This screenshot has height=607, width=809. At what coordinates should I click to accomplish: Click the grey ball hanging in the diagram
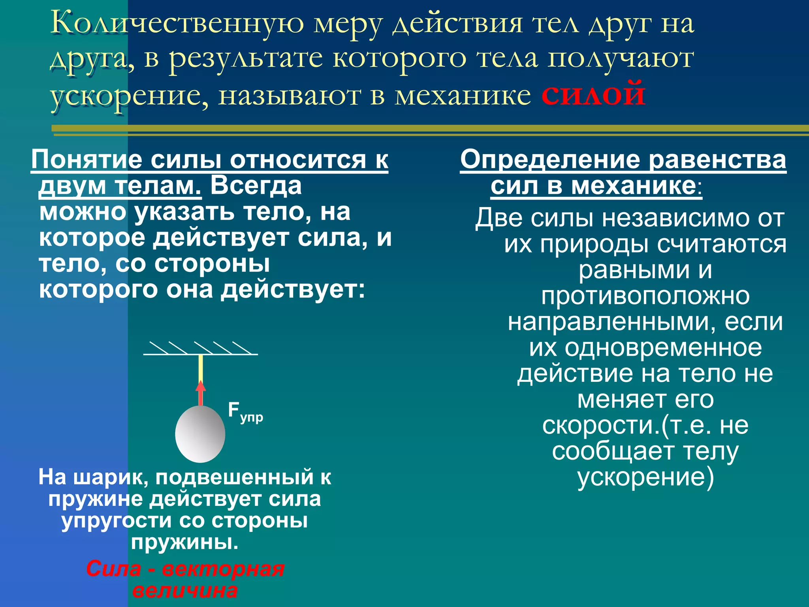click(200, 434)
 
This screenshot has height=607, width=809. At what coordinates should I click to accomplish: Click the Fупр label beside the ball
click(245, 412)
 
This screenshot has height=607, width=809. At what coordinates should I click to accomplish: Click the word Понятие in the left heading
click(87, 160)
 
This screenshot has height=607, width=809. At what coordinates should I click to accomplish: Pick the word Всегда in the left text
click(256, 186)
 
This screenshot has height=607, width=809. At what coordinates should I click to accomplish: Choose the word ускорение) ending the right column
click(645, 477)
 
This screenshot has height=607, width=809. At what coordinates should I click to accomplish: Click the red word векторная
click(223, 569)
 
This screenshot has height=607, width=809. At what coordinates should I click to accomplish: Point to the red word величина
click(185, 591)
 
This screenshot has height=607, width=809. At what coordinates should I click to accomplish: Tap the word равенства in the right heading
click(717, 160)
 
